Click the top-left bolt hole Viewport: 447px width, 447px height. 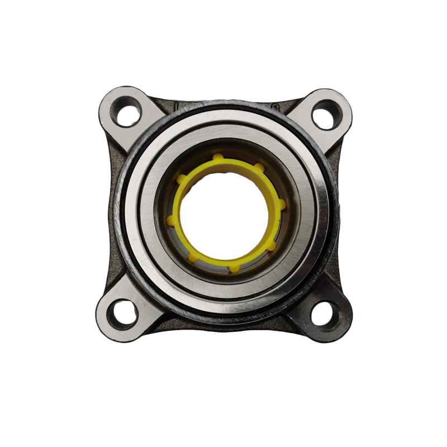(128, 112)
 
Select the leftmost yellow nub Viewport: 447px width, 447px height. (169, 220)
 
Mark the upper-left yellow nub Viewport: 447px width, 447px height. (181, 179)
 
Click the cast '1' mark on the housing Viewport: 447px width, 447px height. (175, 104)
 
